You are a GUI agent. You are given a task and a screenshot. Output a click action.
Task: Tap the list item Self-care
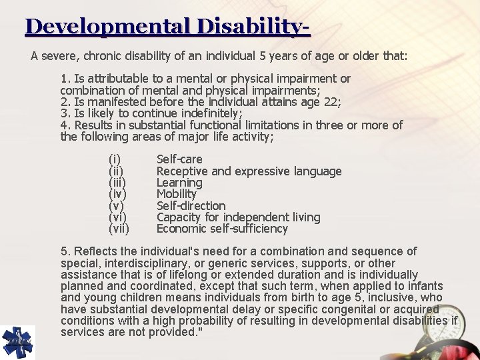[x=179, y=159]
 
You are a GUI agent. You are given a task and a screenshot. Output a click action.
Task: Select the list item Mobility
[x=176, y=194]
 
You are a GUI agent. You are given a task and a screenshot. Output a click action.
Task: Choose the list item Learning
[x=179, y=183]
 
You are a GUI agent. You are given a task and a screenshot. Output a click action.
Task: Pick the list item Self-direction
[x=191, y=206]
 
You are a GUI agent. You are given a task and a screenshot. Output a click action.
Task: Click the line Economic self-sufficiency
[x=222, y=229]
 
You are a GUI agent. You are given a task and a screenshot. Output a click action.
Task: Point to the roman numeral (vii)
[x=119, y=229]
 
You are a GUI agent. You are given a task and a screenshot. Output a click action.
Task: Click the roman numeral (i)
[x=115, y=159]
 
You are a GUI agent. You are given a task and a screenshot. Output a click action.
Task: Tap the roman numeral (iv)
[x=117, y=194]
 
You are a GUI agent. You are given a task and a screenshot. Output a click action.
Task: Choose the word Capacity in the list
[x=180, y=217]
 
